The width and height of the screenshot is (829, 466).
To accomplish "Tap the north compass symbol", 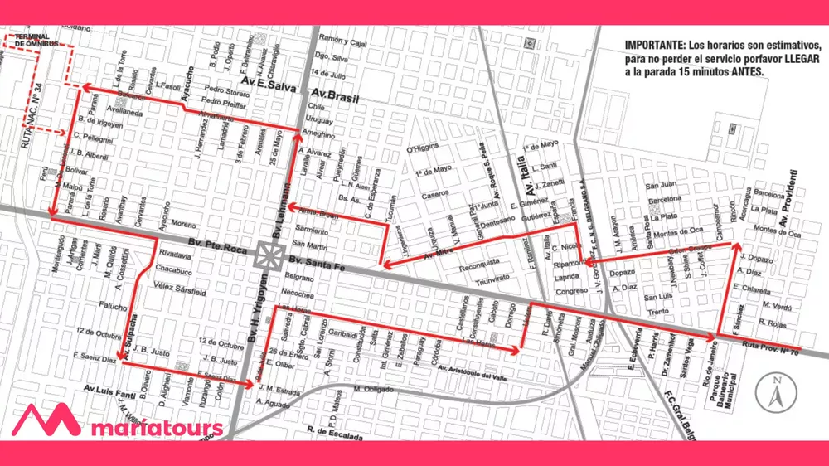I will pos(775,392).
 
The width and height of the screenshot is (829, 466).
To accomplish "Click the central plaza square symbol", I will pos(267,255).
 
